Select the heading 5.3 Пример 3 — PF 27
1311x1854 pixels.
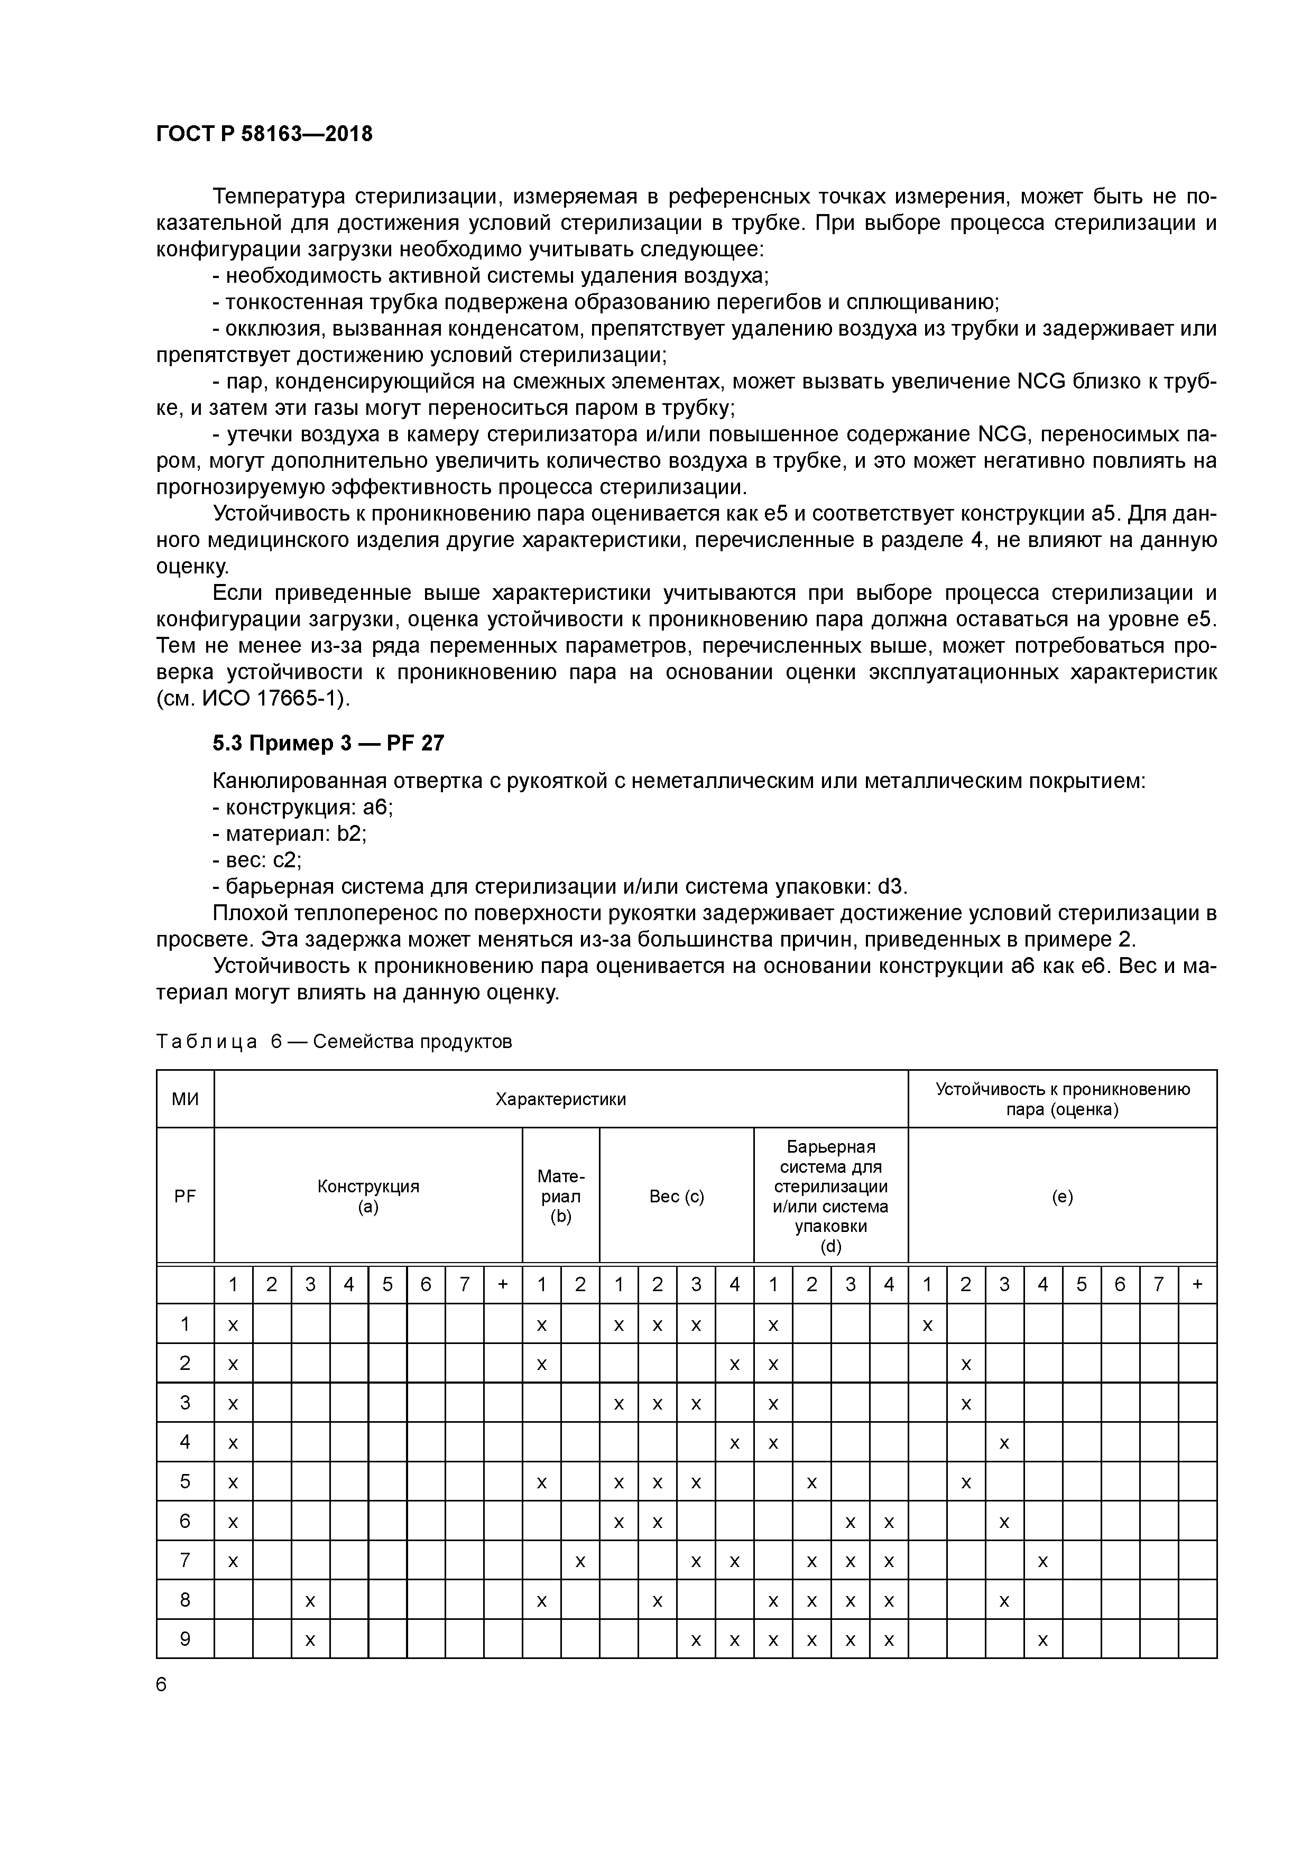click(328, 743)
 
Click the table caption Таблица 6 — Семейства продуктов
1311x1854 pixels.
click(334, 1042)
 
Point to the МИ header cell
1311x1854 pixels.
click(185, 1099)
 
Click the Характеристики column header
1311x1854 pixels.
click(560, 1099)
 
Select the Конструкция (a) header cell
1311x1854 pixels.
click(368, 1196)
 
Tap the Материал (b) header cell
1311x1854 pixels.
click(560, 1196)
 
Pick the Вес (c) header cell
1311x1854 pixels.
click(676, 1197)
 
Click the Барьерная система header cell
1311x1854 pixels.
click(830, 1196)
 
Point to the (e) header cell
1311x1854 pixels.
click(1062, 1197)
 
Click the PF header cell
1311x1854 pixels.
click(185, 1197)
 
